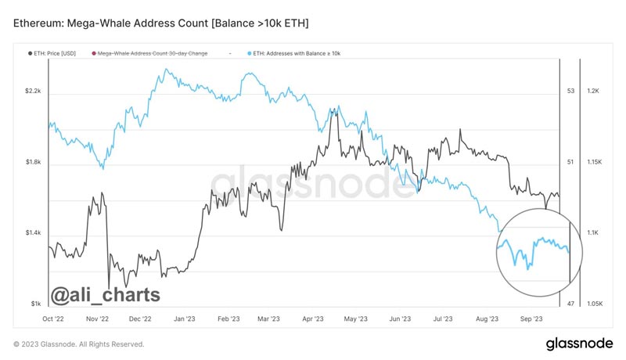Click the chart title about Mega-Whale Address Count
point(161,24)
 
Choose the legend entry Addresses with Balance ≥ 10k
point(297,53)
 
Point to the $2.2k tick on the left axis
point(33,92)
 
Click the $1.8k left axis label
point(33,162)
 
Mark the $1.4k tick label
point(33,233)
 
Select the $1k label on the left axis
point(36,304)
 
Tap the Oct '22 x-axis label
point(54,319)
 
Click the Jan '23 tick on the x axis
point(185,319)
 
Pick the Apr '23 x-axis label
point(312,319)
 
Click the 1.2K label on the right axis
point(592,92)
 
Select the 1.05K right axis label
point(591,304)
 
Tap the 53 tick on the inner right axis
point(570,92)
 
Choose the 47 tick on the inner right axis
point(570,304)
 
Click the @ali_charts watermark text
point(106,294)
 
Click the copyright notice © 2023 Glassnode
point(79,344)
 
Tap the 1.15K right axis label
point(591,162)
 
